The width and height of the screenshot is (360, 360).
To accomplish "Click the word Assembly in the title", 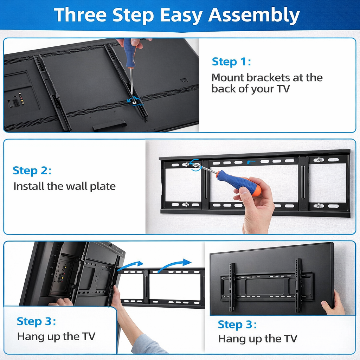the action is coord(254,15).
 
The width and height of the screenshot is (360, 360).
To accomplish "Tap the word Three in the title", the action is coord(81,15).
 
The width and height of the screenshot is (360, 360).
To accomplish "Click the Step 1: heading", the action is coord(231,62).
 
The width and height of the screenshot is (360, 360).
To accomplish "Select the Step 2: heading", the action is coord(32,171).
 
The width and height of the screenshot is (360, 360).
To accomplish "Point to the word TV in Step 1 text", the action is coord(284,89).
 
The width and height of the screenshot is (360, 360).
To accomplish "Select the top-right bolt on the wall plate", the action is coord(319,160).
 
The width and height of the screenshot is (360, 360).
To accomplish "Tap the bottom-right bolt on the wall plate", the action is coord(319,206).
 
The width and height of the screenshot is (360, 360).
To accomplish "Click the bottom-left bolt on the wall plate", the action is coord(187,204).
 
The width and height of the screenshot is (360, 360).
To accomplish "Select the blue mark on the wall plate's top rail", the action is coord(251,162).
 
